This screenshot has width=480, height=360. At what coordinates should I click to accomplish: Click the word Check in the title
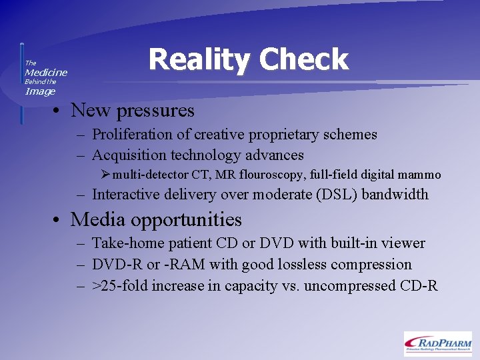(x=304, y=59)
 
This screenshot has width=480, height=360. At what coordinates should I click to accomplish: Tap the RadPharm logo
(x=437, y=343)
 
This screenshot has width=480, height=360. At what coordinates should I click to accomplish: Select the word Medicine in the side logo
(x=46, y=72)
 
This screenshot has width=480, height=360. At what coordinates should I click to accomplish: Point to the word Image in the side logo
(x=40, y=91)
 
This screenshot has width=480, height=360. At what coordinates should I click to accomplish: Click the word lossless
(x=296, y=265)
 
